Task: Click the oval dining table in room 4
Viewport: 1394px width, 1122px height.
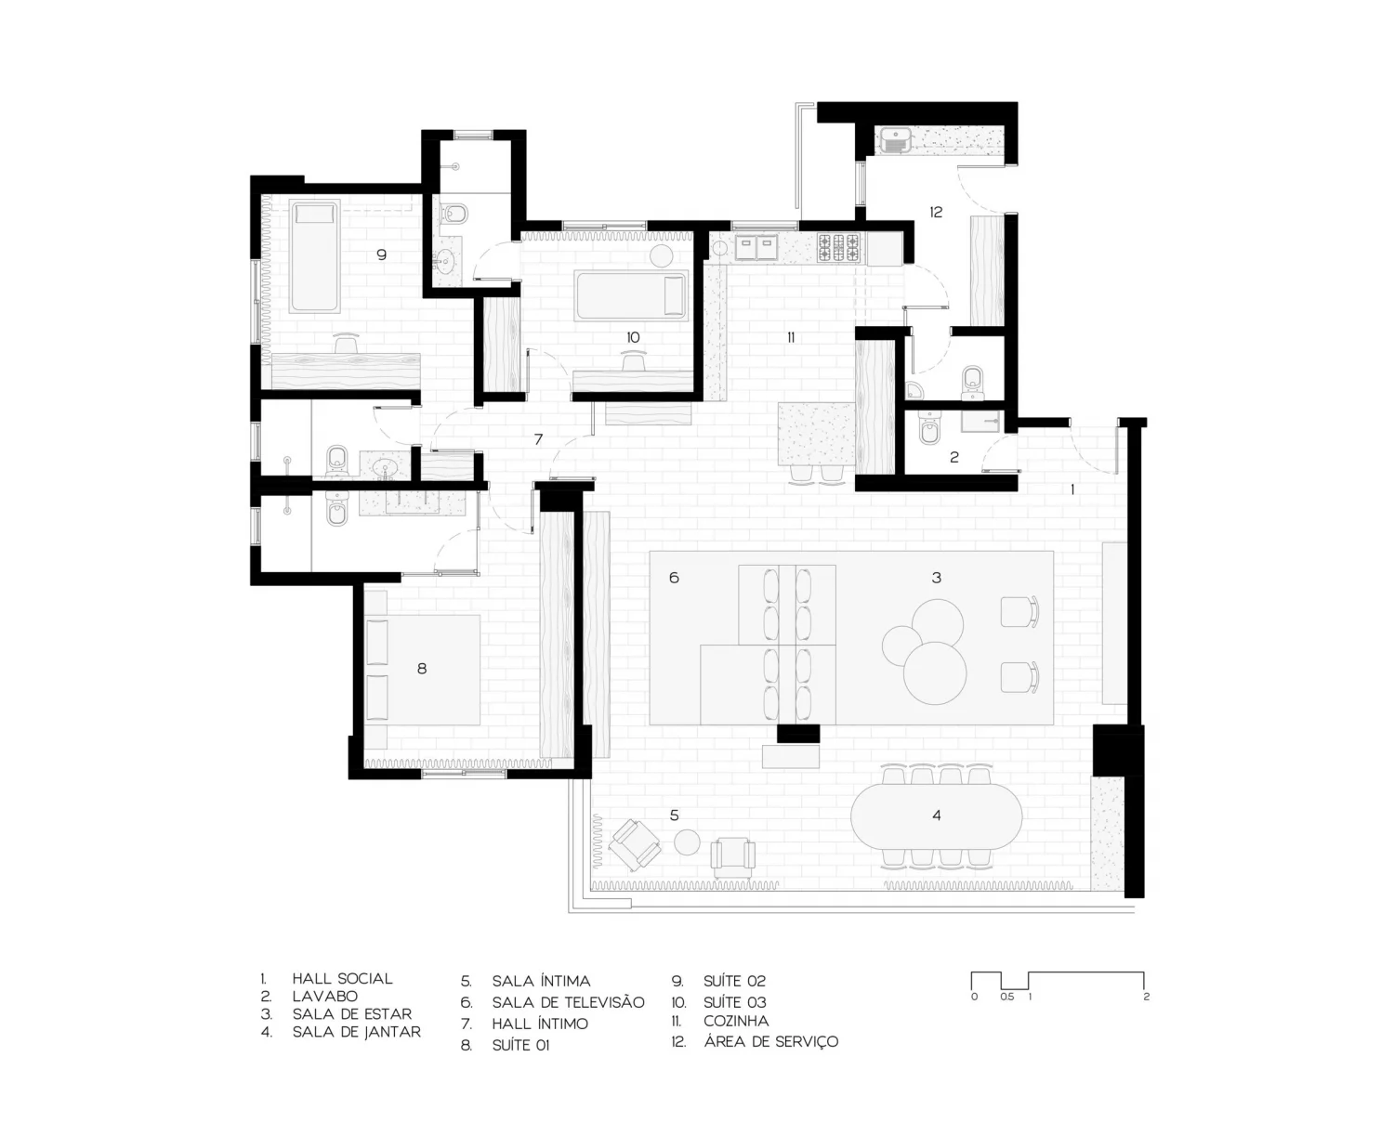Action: [x=936, y=815]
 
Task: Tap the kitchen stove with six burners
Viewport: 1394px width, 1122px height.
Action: [x=839, y=249]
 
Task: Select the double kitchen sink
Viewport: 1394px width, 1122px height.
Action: [x=756, y=247]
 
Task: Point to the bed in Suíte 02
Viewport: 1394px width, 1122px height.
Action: [x=315, y=256]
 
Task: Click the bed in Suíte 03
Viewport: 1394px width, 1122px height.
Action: [x=631, y=296]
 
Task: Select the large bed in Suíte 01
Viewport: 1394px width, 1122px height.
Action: [x=422, y=670]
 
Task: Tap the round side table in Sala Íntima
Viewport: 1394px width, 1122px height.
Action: [x=687, y=842]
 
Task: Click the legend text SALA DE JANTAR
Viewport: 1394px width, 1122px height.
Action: [x=356, y=1033]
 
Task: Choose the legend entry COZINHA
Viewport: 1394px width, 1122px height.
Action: [x=736, y=1021]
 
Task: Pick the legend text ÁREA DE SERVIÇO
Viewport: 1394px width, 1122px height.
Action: [x=770, y=1042]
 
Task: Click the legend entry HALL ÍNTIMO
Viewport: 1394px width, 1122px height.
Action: [x=540, y=1024]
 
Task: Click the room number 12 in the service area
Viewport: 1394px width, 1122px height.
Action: [x=936, y=212]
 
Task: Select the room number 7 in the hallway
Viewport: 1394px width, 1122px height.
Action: [x=538, y=439]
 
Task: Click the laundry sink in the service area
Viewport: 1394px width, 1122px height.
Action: [x=895, y=140]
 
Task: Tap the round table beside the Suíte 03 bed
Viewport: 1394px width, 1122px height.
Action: [x=662, y=256]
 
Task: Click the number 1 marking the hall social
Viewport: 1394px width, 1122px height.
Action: [x=1072, y=490]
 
